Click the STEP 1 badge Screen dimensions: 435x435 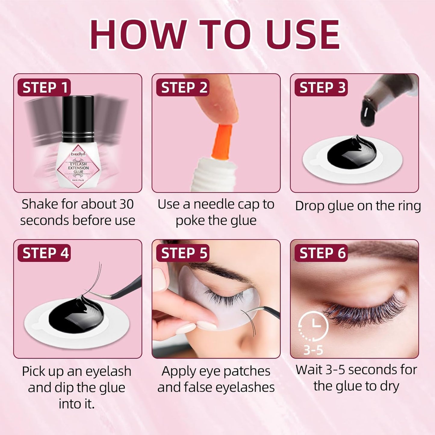pos(44,88)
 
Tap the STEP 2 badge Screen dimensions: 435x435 pos(183,88)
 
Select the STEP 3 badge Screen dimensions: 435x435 pos(321,88)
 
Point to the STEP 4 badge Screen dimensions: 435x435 pos(44,253)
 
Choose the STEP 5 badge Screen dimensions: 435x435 pos(183,253)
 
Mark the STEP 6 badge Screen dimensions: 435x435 pos(321,253)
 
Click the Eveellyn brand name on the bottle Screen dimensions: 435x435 pos(78,154)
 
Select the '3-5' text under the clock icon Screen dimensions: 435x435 pos(313,350)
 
